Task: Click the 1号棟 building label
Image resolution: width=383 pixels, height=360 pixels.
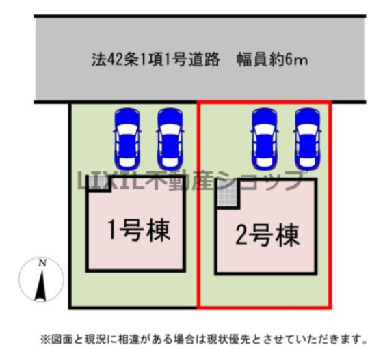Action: pyautogui.click(x=139, y=230)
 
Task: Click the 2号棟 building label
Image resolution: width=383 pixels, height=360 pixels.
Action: pyautogui.click(x=267, y=235)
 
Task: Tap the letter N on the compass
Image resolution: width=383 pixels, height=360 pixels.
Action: pyautogui.click(x=42, y=263)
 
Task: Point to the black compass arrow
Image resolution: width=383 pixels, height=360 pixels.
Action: pyautogui.click(x=41, y=285)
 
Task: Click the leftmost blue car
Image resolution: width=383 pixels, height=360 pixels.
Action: pyautogui.click(x=127, y=139)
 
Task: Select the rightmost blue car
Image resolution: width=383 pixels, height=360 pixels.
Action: pyautogui.click(x=307, y=139)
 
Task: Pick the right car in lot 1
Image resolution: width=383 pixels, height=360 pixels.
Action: pyautogui.click(x=170, y=139)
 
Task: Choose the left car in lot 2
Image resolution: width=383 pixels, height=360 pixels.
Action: pyautogui.click(x=265, y=139)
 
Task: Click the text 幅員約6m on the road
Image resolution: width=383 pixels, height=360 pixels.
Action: pyautogui.click(x=272, y=59)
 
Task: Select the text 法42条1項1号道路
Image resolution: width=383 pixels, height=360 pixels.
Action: pyautogui.click(x=156, y=59)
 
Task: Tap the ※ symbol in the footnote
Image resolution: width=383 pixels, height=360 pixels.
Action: pyautogui.click(x=44, y=340)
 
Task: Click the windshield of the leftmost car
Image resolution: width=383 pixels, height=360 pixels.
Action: pyautogui.click(x=127, y=129)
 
